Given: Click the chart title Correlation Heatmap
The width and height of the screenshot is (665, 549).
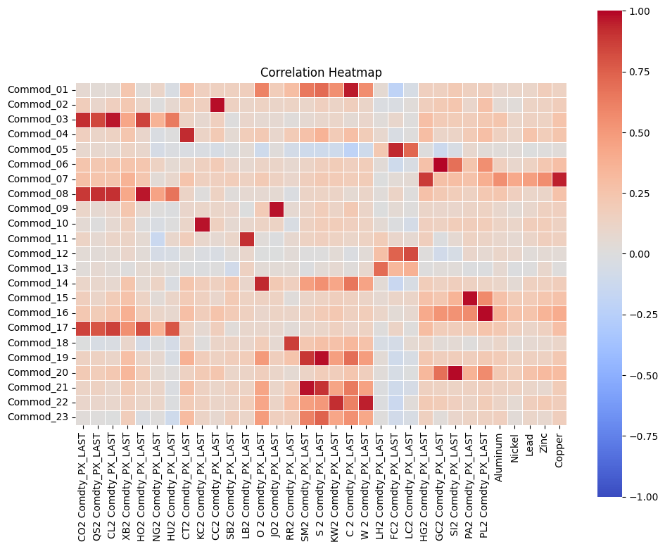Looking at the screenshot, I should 321,72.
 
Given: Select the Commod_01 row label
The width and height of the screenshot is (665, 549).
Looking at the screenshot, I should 39,90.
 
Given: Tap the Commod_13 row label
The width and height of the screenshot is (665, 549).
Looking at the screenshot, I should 39,268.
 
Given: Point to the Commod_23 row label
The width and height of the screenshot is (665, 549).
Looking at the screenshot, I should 39,417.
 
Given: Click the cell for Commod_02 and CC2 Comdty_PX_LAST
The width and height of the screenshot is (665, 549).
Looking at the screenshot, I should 217,105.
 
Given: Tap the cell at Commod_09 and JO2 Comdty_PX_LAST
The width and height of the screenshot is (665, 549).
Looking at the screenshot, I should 276,209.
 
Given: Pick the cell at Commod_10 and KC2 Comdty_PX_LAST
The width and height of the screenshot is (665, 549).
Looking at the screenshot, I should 202,224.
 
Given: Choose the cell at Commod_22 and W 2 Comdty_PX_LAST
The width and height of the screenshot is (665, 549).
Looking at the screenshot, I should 365,402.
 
